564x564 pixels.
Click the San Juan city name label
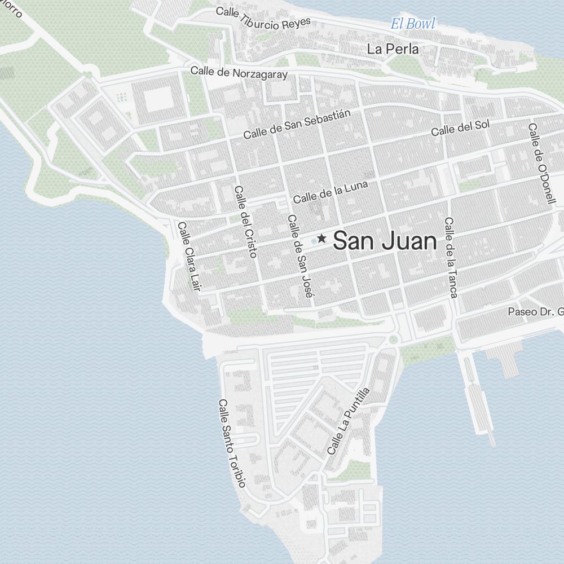coord(385,241)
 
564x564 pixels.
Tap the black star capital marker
coord(322,239)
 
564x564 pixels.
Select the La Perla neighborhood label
coord(393,49)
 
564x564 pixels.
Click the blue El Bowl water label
coord(413,24)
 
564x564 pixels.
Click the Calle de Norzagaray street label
coord(239,72)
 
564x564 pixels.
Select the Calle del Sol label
coord(460,127)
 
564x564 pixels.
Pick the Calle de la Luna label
coord(331,192)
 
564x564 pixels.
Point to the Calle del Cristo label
coord(245,222)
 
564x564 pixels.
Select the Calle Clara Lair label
coord(189,257)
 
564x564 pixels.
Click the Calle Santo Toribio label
coord(231,443)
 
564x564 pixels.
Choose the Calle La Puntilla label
coord(348,421)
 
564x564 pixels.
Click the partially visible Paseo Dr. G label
coord(535,311)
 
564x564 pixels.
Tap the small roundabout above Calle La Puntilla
coord(393,340)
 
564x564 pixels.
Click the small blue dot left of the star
coord(314,241)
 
